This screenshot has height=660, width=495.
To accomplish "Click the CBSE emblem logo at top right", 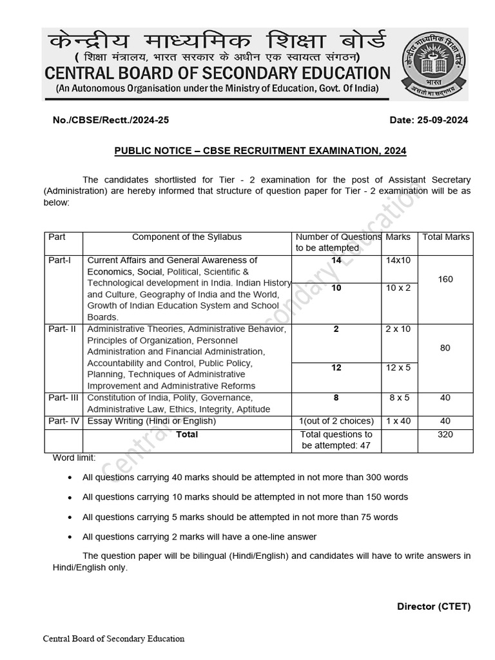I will point(434,64).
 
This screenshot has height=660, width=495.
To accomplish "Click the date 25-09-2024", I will point(429,121).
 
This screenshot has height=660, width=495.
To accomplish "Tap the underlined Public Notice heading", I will point(260,151).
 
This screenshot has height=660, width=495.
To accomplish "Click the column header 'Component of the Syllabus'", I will point(187,237).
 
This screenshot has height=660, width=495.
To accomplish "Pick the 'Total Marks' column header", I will point(445,237).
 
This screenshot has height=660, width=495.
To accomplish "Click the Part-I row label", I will point(61,260).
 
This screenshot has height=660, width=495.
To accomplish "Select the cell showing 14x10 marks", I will point(398,260).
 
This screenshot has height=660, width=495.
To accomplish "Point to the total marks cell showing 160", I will point(445,279).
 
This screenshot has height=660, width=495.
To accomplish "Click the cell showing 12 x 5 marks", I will point(398,367).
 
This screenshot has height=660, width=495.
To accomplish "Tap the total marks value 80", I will point(445,348).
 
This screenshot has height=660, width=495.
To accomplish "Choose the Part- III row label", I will point(63,398).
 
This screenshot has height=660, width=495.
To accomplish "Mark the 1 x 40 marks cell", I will point(398,422).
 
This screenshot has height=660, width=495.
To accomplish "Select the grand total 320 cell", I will point(445,434).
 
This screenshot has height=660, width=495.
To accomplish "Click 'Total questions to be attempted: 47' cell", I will point(336,440).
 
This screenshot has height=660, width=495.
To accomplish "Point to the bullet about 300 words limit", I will point(245,478).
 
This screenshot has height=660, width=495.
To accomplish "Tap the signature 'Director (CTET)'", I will point(434,607).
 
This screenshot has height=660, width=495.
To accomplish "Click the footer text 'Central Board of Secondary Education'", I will point(113,639).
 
